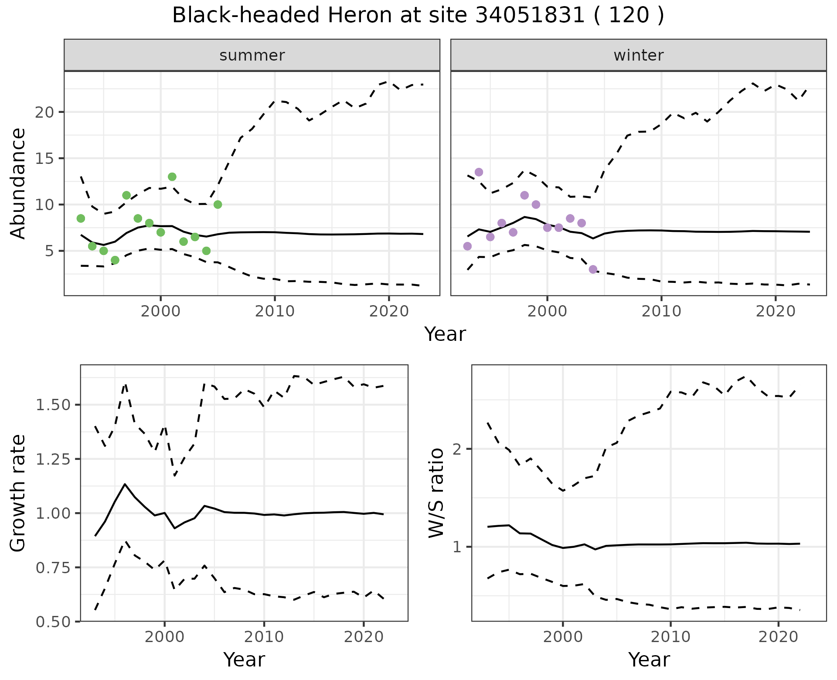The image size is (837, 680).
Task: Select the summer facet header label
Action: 252,55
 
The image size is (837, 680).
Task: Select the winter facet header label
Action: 638,55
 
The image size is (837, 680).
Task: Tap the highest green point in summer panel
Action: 172,177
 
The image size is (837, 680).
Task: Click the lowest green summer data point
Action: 115,260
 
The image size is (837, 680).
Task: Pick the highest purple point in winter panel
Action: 479,172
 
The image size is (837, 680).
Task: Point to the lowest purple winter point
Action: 593,269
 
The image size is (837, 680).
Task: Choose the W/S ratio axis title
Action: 436,493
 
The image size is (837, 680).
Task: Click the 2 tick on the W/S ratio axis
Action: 458,449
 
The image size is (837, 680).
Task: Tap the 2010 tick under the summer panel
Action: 275,311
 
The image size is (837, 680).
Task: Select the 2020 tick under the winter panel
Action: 775,311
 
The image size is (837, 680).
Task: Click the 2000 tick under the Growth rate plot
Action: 164,637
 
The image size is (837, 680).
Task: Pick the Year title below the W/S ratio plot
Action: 649,660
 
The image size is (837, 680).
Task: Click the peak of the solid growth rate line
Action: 125,484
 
